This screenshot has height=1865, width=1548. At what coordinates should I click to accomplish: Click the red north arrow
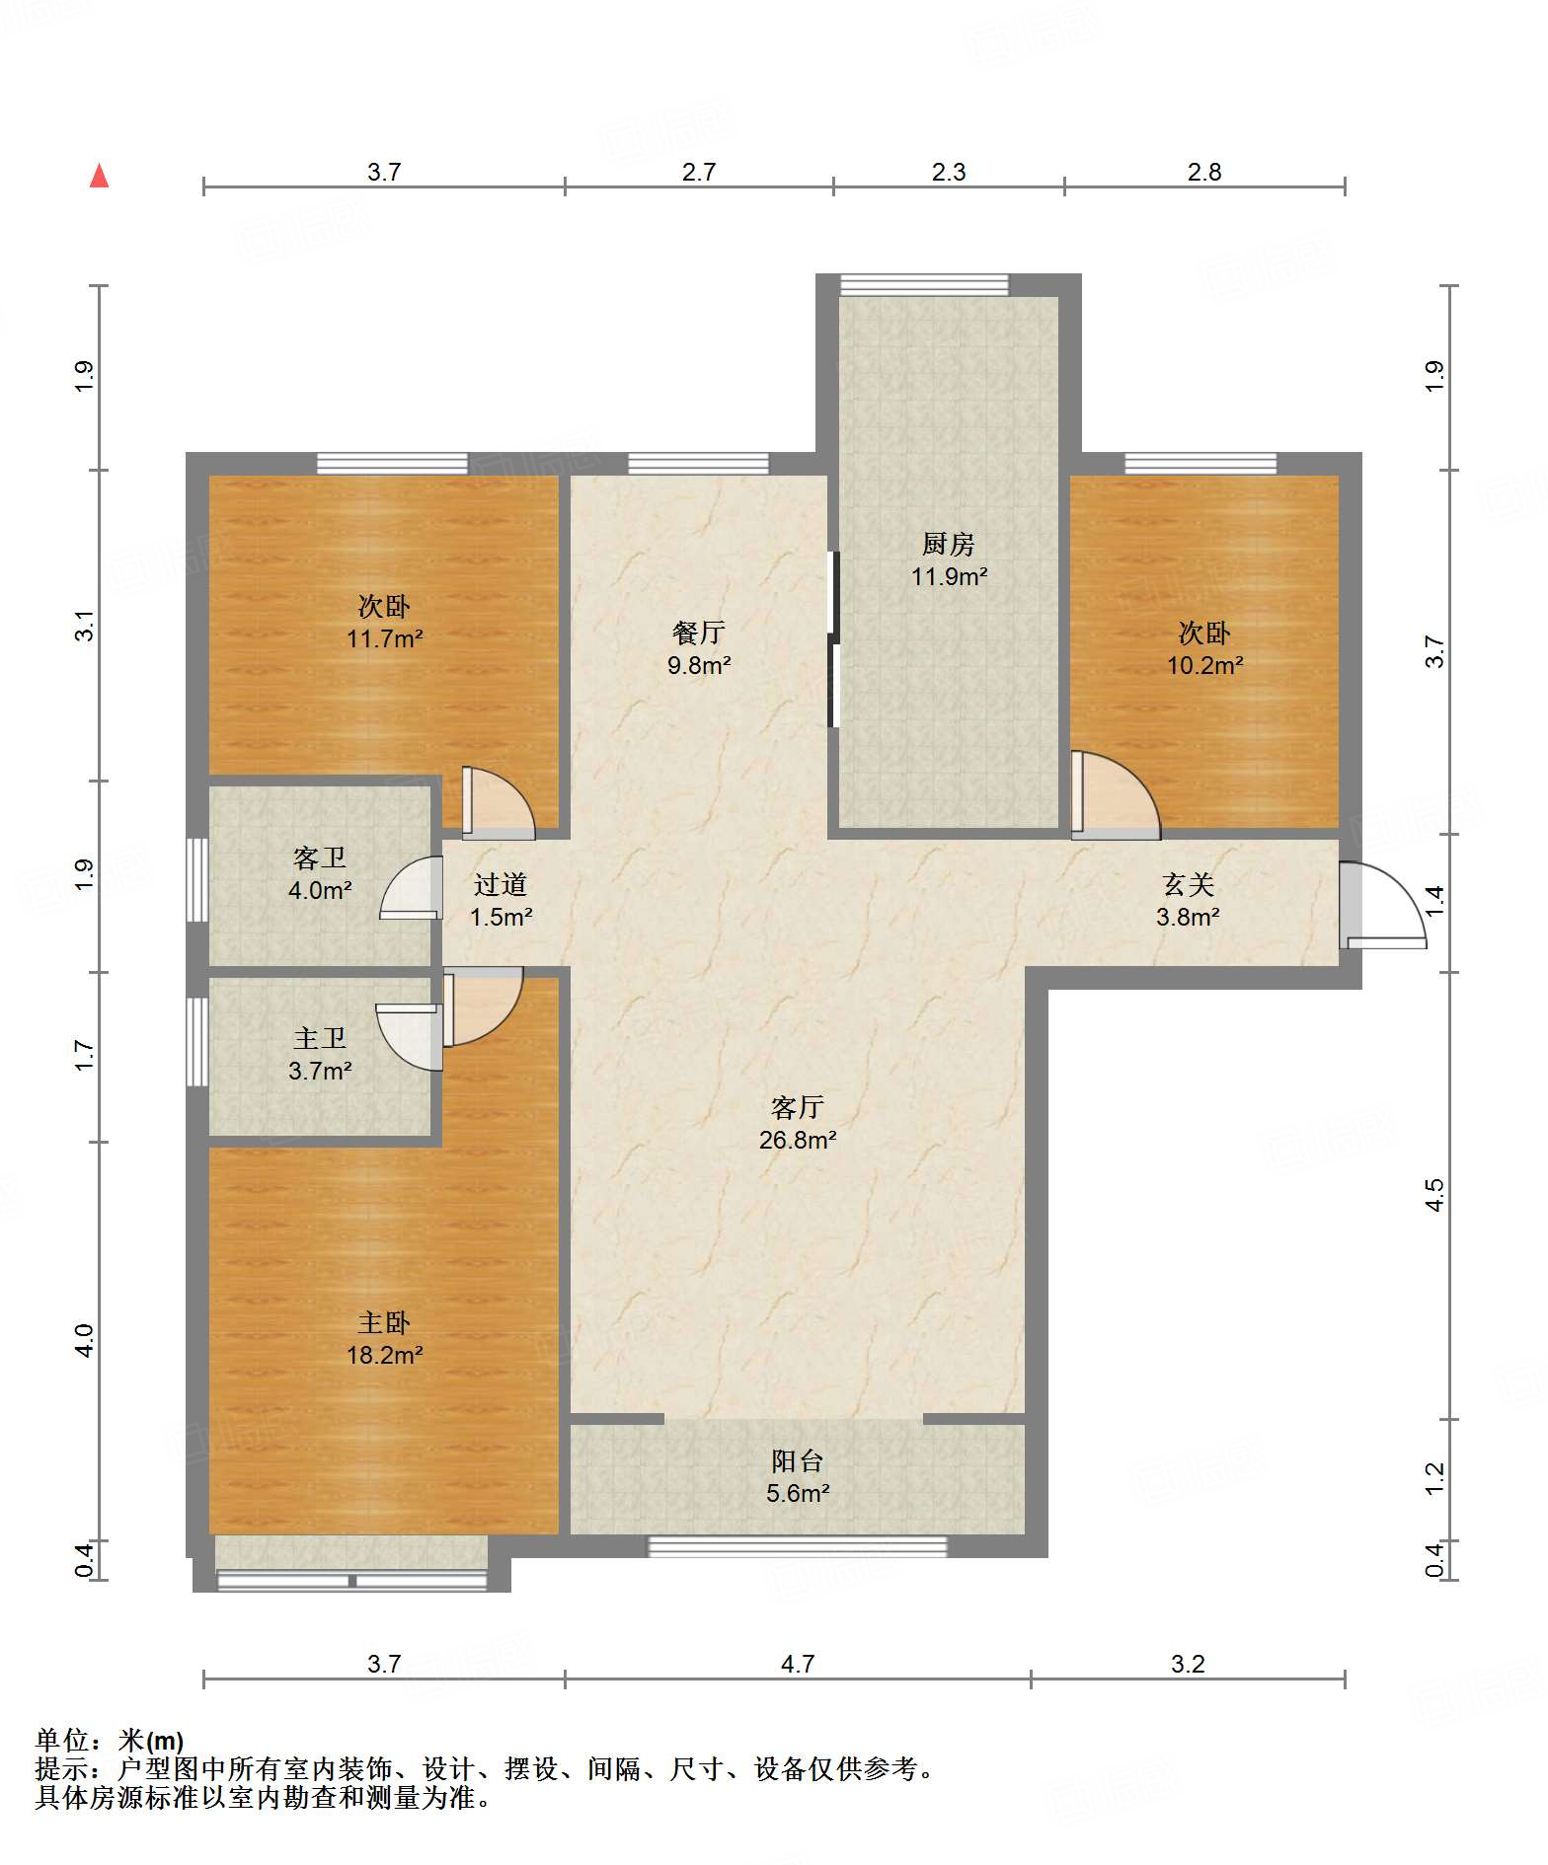pos(99,176)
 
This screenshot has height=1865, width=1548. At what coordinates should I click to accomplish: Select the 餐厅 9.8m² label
pos(699,648)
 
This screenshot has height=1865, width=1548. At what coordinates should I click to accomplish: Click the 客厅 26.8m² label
pos(798,1123)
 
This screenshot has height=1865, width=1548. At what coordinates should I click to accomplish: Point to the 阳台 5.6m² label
pos(798,1476)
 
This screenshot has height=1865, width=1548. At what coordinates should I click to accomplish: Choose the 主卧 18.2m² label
pos(384,1338)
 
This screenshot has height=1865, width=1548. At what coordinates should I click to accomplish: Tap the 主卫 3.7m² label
pos(320,1054)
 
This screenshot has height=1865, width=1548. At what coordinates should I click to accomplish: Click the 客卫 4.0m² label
pos(320,873)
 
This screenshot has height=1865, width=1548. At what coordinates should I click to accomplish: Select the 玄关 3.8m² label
pos(1188,900)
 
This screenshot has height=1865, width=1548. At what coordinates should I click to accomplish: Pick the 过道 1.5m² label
pos(501,900)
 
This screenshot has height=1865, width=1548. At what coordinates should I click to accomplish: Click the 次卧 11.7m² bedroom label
pos(384,622)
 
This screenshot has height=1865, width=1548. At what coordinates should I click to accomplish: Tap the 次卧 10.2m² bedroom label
pos(1204,648)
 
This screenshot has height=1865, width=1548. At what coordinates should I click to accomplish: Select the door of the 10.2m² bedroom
pos(1117,795)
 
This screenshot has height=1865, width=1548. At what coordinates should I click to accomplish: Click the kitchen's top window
pos(924,285)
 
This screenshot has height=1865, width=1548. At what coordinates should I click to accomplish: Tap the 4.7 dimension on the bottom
pos(798,1664)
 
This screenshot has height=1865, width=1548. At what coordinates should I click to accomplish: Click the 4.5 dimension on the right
pos(1434,1195)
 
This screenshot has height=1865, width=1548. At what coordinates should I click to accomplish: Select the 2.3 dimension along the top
pos(949,172)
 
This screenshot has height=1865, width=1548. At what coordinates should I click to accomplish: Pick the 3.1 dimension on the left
pos(85,626)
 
